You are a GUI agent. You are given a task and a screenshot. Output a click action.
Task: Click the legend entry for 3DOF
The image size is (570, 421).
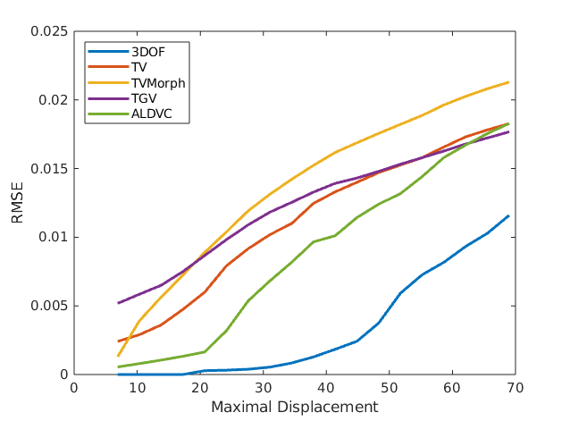tap(148, 51)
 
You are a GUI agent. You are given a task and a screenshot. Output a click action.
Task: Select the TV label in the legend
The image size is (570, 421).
tap(138, 67)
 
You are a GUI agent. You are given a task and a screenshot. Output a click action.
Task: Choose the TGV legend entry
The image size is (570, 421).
tap(142, 98)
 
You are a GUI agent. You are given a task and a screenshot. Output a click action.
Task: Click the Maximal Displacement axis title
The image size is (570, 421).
tap(294, 407)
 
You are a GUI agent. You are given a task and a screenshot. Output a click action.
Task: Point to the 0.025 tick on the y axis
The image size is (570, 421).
tap(49, 31)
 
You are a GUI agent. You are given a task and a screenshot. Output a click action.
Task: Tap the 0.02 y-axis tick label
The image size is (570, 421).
tap(53, 100)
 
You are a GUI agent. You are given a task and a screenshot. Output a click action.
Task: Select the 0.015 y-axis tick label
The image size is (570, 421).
tap(49, 169)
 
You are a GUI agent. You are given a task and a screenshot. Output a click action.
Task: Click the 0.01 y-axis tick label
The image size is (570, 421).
tap(53, 237)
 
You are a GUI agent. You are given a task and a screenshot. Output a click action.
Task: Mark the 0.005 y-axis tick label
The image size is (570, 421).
tap(49, 306)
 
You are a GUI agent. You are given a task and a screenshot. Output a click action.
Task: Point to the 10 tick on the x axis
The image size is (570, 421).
tap(137, 388)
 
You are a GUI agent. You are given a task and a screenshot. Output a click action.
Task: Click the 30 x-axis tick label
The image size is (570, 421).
tap(263, 388)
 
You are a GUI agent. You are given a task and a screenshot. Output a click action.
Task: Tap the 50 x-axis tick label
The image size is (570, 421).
tap(389, 388)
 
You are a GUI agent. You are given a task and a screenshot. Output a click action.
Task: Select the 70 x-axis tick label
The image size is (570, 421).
tap(515, 388)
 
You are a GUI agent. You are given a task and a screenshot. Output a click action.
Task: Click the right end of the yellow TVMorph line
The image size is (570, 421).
tap(508, 82)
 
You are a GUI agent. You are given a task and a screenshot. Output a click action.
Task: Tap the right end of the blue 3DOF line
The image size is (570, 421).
tap(508, 215)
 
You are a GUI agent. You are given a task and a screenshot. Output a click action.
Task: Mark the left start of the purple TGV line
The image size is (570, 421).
tap(118, 303)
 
